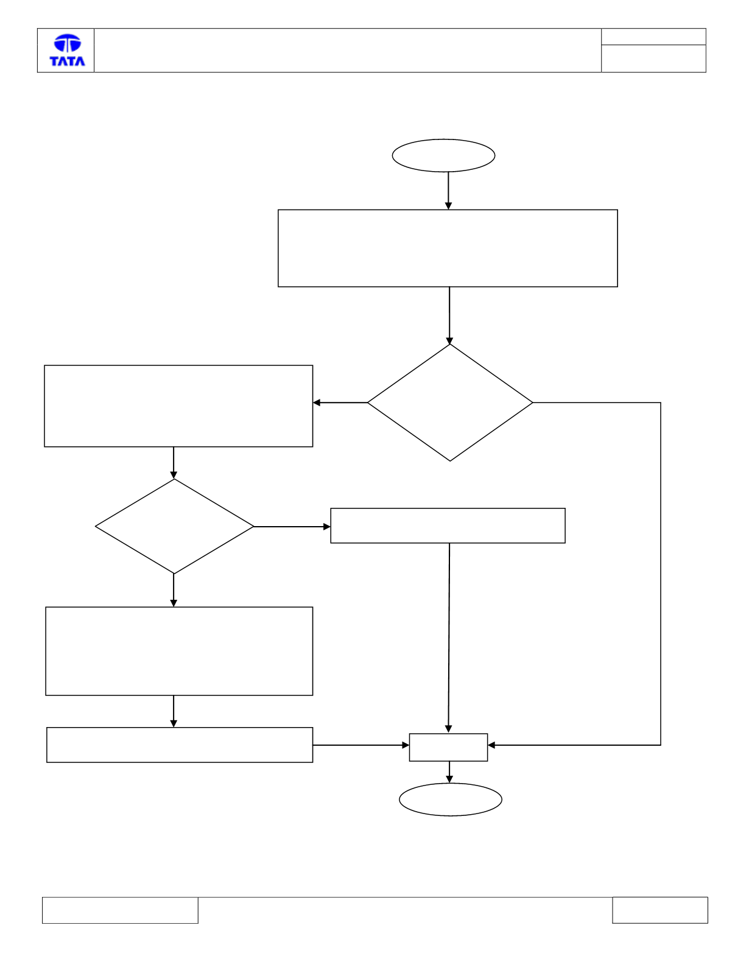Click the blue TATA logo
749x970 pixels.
click(67, 50)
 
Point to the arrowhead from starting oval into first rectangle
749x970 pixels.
click(448, 206)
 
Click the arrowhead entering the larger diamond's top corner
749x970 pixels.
click(449, 341)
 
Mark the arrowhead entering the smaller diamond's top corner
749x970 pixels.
click(174, 476)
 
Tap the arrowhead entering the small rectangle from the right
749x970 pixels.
click(491, 745)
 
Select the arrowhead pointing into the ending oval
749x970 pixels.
click(449, 779)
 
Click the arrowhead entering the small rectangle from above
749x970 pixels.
click(449, 729)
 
